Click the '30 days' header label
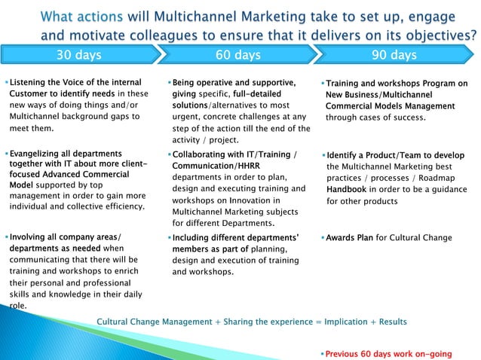coord(79,55)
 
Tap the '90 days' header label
coord(394,55)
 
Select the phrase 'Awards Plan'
coord(350,238)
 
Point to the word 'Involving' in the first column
coord(31,238)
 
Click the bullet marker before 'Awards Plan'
coord(323,238)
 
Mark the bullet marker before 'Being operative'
coord(167,81)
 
